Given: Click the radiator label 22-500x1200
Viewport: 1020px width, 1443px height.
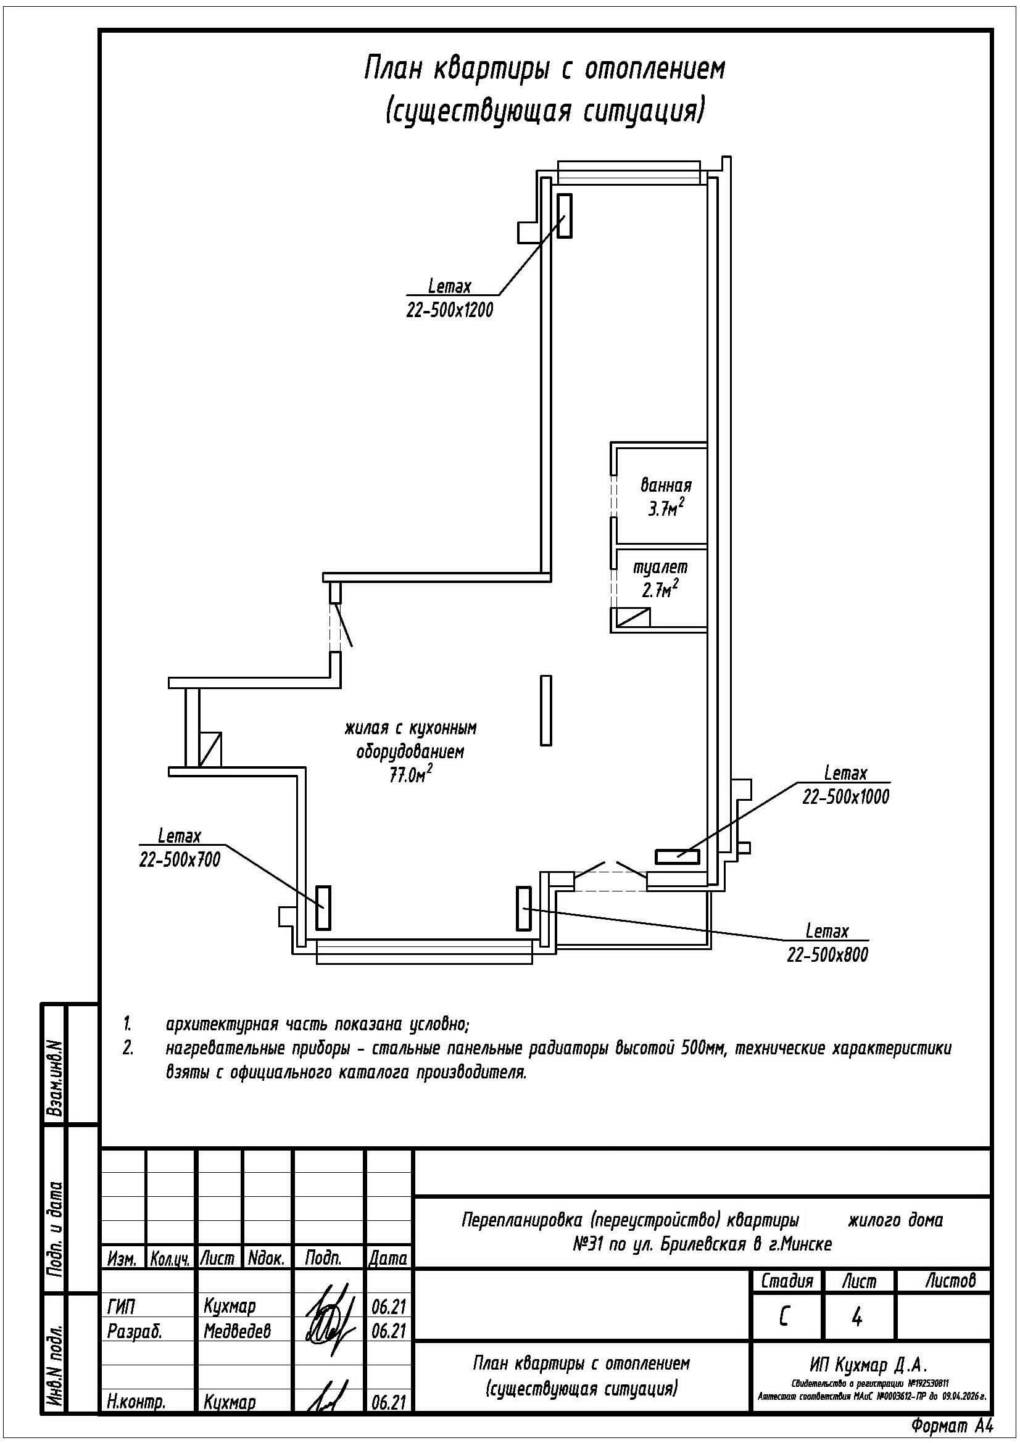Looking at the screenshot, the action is pos(449,310).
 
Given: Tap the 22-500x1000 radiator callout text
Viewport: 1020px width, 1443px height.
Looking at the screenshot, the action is pos(846,797).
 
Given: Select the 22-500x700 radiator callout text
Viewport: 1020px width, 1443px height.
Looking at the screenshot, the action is pos(180,859).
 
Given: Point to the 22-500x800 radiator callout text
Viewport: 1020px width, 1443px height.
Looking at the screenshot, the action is pos(827,954).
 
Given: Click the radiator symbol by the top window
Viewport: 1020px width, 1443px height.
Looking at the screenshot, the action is pos(565,215).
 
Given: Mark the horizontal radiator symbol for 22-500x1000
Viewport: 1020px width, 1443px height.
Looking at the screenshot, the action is pos(678,856).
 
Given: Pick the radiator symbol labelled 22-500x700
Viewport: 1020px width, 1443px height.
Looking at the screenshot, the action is pos(323,908).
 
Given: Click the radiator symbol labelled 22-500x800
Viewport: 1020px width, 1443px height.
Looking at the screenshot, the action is pos(523,908).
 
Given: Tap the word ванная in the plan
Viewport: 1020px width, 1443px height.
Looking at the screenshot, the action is pos(666,485).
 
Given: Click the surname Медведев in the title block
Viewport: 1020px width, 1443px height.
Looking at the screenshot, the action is pos(237,1331).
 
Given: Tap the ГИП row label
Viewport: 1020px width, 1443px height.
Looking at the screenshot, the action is pos(122,1306).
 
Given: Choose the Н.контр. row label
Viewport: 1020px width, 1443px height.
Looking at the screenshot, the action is pos(136,1401).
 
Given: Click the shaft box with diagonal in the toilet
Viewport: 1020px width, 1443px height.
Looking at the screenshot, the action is pos(634,617).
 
